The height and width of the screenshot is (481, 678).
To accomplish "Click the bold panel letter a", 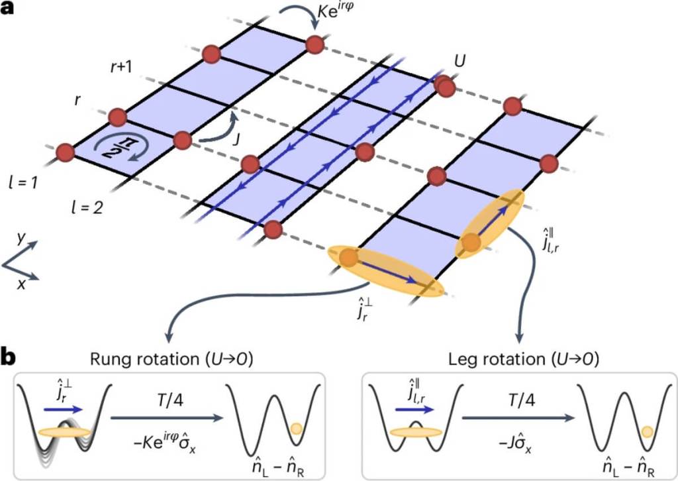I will (10, 11).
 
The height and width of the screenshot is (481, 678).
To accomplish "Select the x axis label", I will (21, 284).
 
